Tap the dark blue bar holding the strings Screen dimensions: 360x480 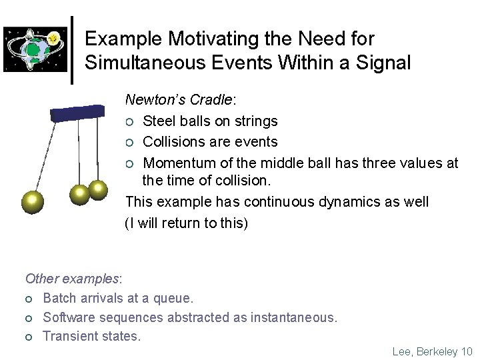coord(79,111)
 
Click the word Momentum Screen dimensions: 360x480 coord(178,163)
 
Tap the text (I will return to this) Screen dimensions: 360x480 coord(187,223)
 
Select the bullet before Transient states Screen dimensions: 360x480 coord(29,337)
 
